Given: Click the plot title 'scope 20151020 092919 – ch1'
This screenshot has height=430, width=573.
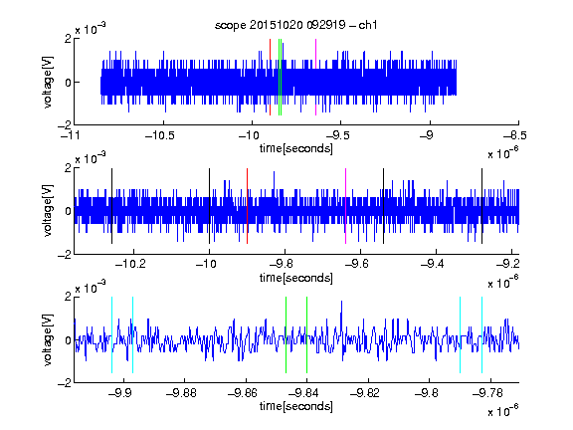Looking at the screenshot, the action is [296, 25].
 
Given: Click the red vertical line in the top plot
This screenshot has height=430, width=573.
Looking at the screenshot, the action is [270, 77].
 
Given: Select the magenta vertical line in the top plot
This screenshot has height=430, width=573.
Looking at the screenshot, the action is [315, 77].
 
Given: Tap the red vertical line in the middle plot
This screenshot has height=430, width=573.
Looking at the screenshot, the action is [247, 206].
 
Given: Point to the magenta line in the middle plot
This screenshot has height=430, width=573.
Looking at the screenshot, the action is [346, 206].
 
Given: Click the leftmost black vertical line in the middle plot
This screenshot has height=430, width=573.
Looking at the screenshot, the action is [111, 206].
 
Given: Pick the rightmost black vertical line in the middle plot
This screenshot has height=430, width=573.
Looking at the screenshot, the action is [481, 206].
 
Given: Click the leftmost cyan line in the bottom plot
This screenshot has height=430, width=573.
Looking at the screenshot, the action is [111, 334].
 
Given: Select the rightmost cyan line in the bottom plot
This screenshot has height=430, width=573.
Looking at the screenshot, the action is [481, 334].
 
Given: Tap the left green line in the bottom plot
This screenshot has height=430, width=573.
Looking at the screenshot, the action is [286, 334].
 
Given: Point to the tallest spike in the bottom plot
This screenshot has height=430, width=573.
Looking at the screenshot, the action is [341, 302].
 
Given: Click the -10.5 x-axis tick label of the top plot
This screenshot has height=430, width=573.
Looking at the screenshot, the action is [160, 135].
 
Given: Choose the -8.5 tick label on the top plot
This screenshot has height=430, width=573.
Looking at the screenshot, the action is [514, 135].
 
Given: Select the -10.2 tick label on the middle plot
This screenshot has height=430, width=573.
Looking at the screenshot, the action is [130, 264].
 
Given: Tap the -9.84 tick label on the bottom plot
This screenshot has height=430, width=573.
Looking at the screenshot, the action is [303, 393].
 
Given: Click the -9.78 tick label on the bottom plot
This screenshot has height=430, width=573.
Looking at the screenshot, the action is [487, 393].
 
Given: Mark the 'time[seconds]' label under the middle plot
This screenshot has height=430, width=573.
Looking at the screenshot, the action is [296, 278].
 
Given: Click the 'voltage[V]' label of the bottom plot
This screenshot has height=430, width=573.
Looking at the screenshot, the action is [48, 340].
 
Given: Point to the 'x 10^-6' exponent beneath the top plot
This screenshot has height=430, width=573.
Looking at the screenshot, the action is [503, 153].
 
